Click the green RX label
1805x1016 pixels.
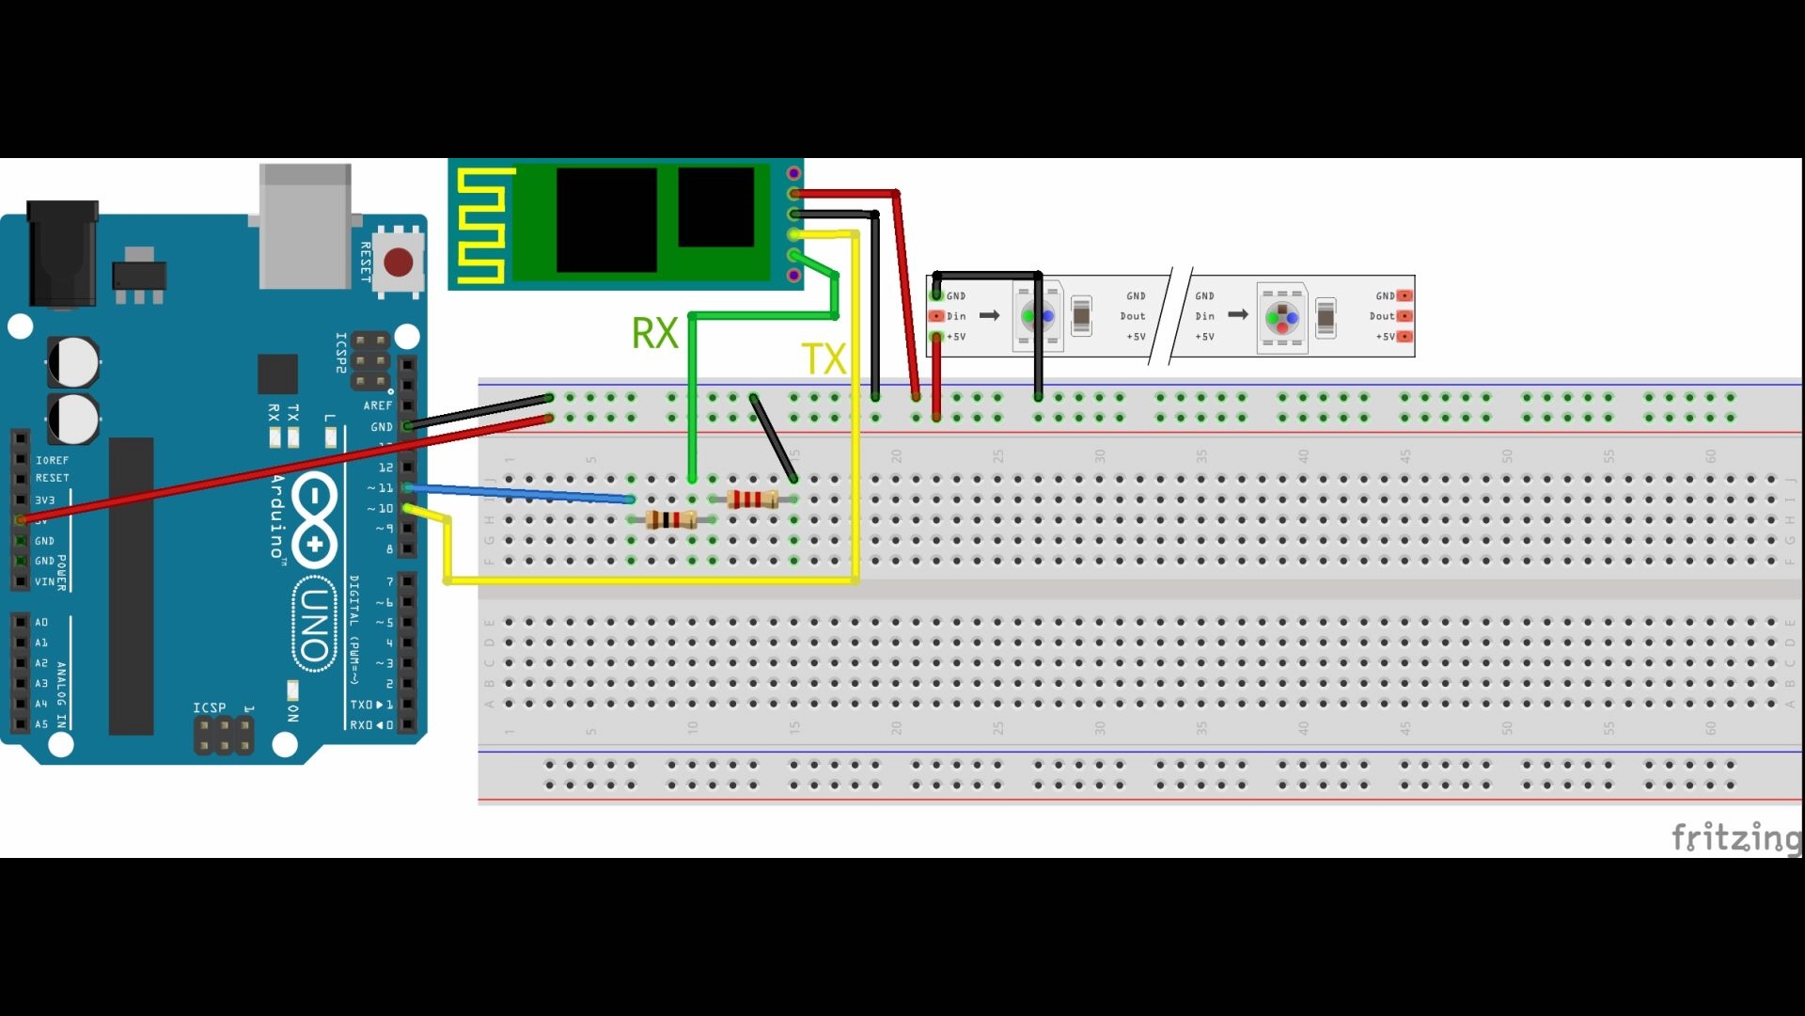pyautogui.click(x=654, y=333)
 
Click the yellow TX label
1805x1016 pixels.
pyautogui.click(x=823, y=359)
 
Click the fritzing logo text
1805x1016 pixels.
pyautogui.click(x=1735, y=835)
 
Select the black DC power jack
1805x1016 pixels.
pyautogui.click(x=62, y=254)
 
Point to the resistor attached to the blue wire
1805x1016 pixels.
pyautogui.click(x=671, y=519)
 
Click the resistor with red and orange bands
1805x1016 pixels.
pyautogui.click(x=752, y=499)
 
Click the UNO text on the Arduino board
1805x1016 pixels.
pyautogui.click(x=315, y=625)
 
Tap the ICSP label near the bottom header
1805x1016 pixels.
pyautogui.click(x=209, y=707)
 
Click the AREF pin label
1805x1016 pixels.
pyautogui.click(x=377, y=405)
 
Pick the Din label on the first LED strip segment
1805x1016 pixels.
pyautogui.click(x=956, y=316)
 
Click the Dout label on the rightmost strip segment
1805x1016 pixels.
pyautogui.click(x=1381, y=316)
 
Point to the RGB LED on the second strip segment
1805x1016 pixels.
pyautogui.click(x=1282, y=318)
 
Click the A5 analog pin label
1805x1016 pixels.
pyautogui.click(x=41, y=724)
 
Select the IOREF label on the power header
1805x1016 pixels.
pyautogui.click(x=52, y=460)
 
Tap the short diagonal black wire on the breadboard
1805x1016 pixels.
pyautogui.click(x=774, y=438)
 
